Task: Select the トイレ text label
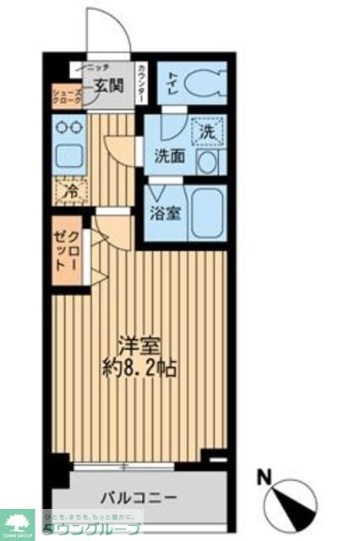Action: pos(172,82)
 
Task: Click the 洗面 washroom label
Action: pos(168,156)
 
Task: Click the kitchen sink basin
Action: pos(67,157)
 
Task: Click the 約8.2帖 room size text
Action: pos(140,369)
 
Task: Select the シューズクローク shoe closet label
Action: pos(67,96)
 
